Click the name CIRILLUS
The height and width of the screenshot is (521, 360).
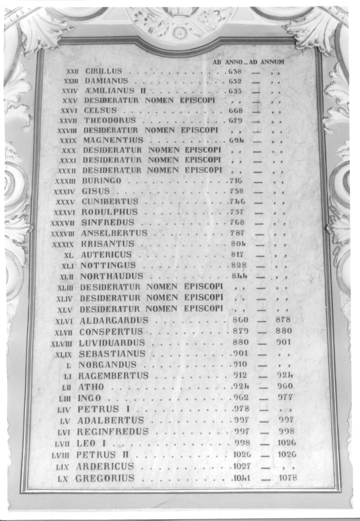[104, 71]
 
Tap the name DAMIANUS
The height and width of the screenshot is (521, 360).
[106, 81]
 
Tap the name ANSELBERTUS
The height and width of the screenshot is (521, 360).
[114, 233]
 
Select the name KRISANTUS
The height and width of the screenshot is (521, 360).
[108, 244]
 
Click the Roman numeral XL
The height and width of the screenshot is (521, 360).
[69, 255]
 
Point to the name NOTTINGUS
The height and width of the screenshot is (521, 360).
[108, 265]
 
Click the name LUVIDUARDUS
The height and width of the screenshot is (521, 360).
[112, 343]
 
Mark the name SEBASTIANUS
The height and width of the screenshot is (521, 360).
[112, 354]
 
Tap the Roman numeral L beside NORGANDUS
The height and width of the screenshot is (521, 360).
[68, 365]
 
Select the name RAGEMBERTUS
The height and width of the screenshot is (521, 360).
[113, 376]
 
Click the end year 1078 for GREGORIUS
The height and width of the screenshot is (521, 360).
[288, 478]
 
